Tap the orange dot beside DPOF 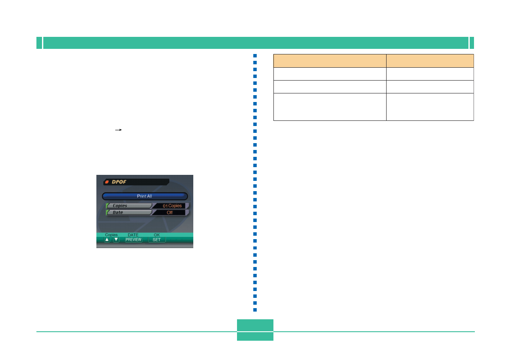[107, 182]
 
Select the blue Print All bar [144, 196]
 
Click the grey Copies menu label [129, 206]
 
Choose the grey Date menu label [129, 213]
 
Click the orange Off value [170, 213]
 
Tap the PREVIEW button [133, 240]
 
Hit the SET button [156, 240]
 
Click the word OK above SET [156, 235]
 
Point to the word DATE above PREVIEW [133, 235]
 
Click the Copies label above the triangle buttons [111, 235]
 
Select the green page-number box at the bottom [255, 330]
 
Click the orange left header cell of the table [330, 60]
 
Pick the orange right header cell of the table [430, 60]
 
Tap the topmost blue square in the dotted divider [255, 56]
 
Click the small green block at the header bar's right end [472, 43]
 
